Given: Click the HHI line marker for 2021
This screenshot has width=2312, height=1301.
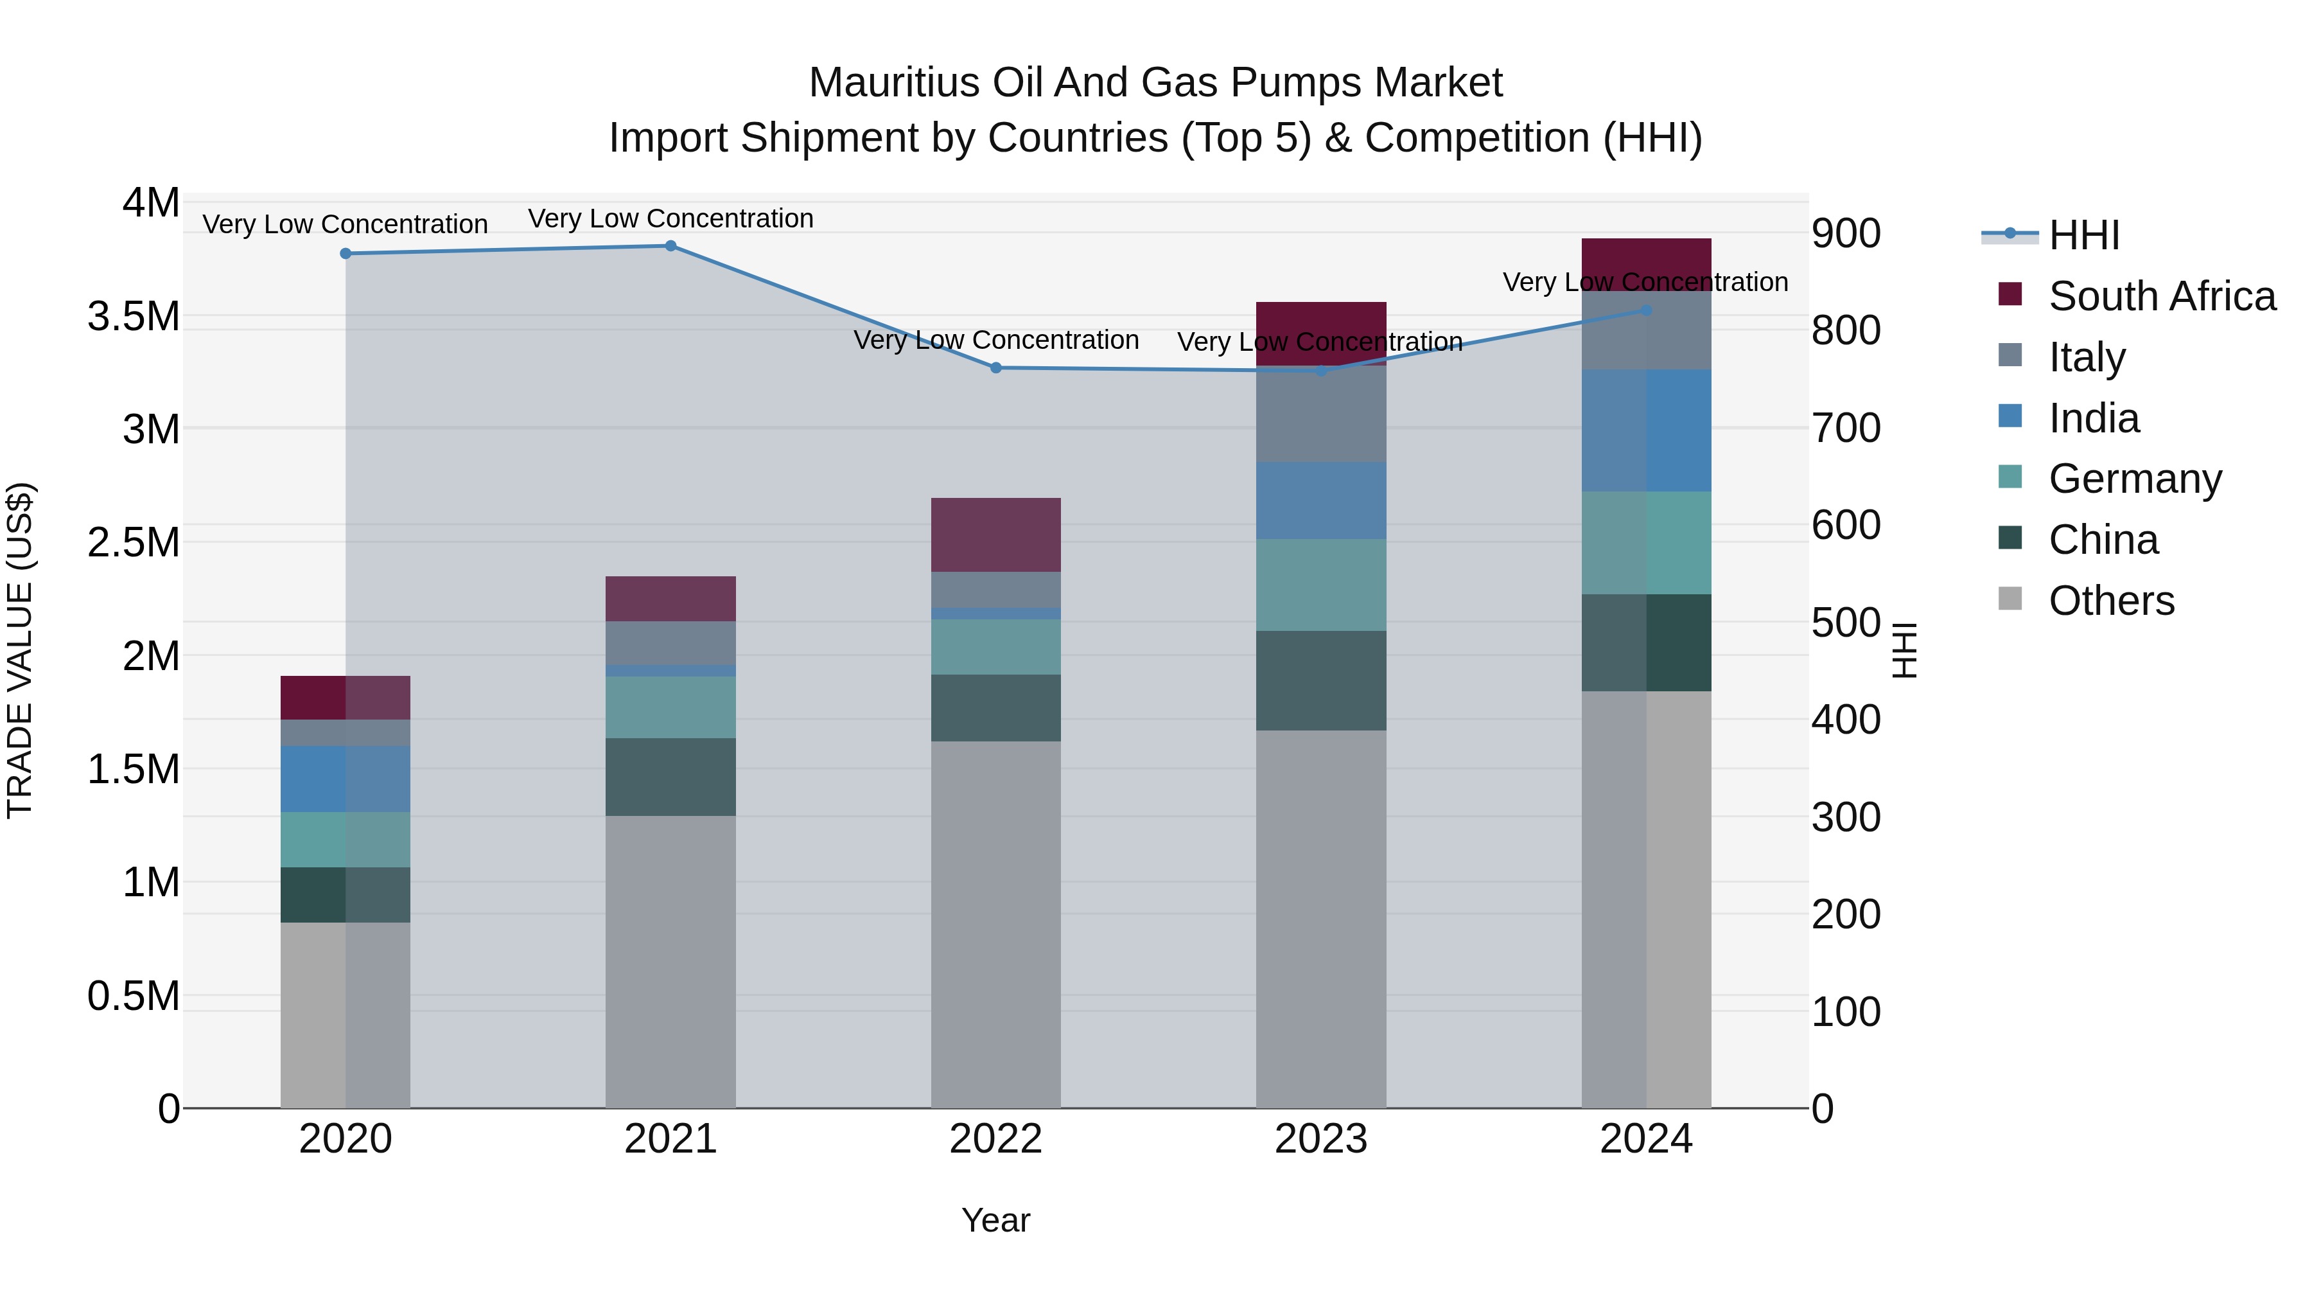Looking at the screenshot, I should [670, 246].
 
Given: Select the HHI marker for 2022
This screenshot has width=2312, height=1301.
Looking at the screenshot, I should [995, 367].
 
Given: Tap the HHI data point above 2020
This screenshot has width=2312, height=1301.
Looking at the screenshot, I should [346, 253].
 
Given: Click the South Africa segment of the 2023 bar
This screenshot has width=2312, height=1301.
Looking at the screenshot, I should [1320, 332].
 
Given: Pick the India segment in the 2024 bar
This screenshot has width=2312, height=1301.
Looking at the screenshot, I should [1646, 430].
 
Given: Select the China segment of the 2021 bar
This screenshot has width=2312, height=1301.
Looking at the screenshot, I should [670, 777].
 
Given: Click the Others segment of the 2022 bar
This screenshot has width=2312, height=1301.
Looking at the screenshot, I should [995, 925].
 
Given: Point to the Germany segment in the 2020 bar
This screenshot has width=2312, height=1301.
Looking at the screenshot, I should [346, 840].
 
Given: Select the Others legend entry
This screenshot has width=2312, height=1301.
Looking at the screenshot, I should [2111, 601].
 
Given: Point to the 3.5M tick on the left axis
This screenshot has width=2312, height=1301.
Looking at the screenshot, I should [133, 317].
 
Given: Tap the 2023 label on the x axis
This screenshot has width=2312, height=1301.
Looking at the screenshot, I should [1320, 1139].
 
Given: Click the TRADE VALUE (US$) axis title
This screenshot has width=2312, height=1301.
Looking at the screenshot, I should [20, 650].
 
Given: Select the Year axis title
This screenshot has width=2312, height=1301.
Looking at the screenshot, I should [995, 1220].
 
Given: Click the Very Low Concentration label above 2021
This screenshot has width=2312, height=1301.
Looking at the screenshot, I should [670, 218].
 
